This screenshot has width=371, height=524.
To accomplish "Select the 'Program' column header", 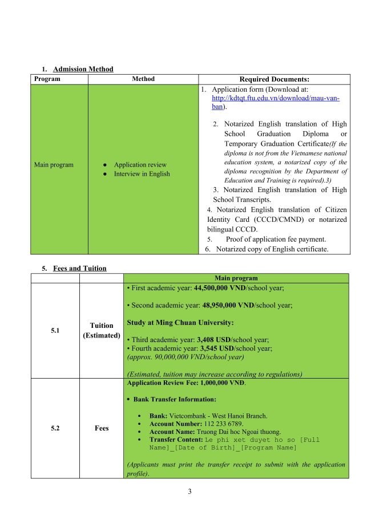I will (x=47, y=79).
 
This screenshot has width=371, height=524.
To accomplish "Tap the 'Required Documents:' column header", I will (x=274, y=79).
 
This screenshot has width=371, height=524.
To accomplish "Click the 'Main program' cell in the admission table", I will (x=54, y=165).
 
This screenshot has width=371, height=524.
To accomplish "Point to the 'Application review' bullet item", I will (x=140, y=165).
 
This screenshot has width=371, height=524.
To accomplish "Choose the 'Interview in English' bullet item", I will (x=142, y=174).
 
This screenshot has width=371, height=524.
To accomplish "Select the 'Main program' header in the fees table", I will (x=236, y=278).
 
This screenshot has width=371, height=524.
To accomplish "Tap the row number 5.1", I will (x=55, y=330).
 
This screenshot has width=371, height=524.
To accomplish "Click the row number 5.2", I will (x=55, y=428).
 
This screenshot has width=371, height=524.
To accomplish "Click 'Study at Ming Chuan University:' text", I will (x=180, y=323).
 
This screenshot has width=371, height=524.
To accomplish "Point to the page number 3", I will (x=189, y=491).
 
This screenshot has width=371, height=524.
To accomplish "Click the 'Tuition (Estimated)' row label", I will (x=102, y=330).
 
